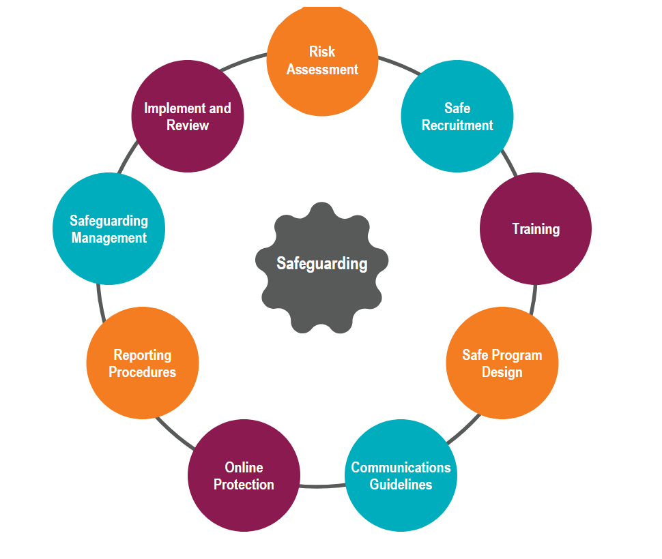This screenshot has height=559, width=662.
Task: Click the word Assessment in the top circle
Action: [322, 70]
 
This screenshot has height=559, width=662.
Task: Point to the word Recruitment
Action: [457, 125]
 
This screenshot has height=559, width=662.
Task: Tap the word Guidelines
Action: [401, 485]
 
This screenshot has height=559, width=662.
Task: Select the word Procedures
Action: [143, 372]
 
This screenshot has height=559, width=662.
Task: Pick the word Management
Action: [109, 238]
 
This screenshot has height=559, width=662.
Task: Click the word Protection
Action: [244, 485]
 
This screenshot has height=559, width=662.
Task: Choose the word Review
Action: [188, 125]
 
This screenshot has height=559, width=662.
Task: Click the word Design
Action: [502, 372]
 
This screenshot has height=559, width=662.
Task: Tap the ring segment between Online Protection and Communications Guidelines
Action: [322, 486]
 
